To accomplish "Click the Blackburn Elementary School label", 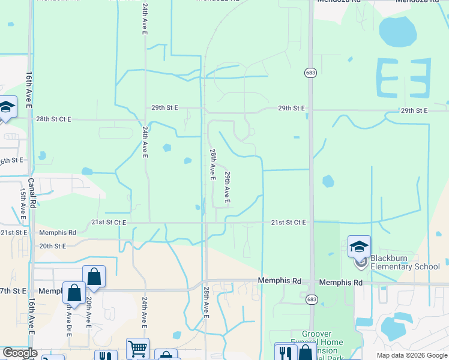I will click(405, 262).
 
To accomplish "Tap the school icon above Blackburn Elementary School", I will click(359, 247).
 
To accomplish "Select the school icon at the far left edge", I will click(6, 107).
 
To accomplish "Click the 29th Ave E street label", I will click(228, 187).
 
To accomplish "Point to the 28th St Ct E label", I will click(53, 119).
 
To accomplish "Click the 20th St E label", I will click(52, 246).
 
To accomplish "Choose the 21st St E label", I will click(14, 232).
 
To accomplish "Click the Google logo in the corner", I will click(19, 353).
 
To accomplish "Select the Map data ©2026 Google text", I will click(412, 355).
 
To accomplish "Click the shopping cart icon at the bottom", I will click(137, 349).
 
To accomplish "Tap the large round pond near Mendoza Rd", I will click(397, 31).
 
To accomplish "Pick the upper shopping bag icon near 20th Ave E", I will click(94, 277).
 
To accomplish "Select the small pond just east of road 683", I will click(328, 181).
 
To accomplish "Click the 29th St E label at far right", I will click(414, 111).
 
